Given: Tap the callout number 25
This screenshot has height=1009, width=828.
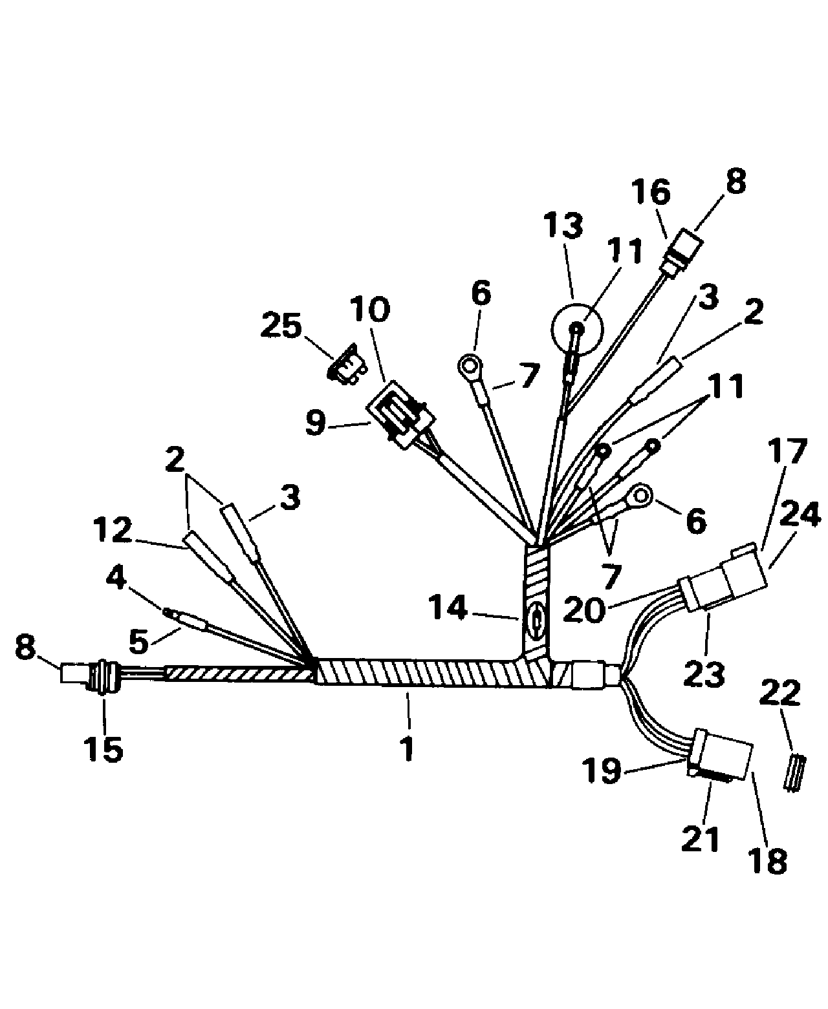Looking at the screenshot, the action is [x=281, y=326].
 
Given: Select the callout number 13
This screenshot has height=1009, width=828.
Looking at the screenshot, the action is [x=563, y=226].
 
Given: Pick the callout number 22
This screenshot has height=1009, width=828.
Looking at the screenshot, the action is [x=779, y=692].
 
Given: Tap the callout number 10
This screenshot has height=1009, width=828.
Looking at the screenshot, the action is [x=369, y=309].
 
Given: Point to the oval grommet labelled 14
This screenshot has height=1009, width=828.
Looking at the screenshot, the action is [x=536, y=622].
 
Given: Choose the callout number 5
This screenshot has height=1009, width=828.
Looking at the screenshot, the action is [x=138, y=641].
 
